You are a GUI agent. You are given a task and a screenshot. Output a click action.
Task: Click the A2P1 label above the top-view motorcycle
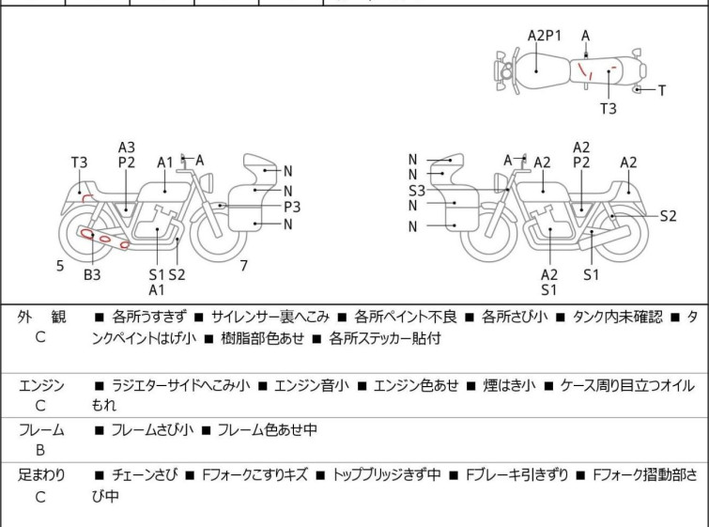(545, 35)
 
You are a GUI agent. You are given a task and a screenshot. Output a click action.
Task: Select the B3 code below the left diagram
(92, 274)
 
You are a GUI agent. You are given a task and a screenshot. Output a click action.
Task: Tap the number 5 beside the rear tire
(60, 266)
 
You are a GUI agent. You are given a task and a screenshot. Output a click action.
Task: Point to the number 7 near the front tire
(243, 266)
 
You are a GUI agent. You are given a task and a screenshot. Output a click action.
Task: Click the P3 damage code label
(292, 207)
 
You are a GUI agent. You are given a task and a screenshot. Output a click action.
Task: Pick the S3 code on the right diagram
(417, 191)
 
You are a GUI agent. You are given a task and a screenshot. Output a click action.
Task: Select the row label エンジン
(41, 385)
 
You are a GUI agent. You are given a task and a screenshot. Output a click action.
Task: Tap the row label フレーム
(41, 430)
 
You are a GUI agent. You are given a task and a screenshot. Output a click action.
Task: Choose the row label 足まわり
(41, 475)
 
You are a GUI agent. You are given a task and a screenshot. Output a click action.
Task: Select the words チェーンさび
(140, 475)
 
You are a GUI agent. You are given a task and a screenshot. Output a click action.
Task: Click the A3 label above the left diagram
(127, 147)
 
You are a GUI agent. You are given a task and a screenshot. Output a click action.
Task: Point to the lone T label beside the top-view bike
(661, 90)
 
